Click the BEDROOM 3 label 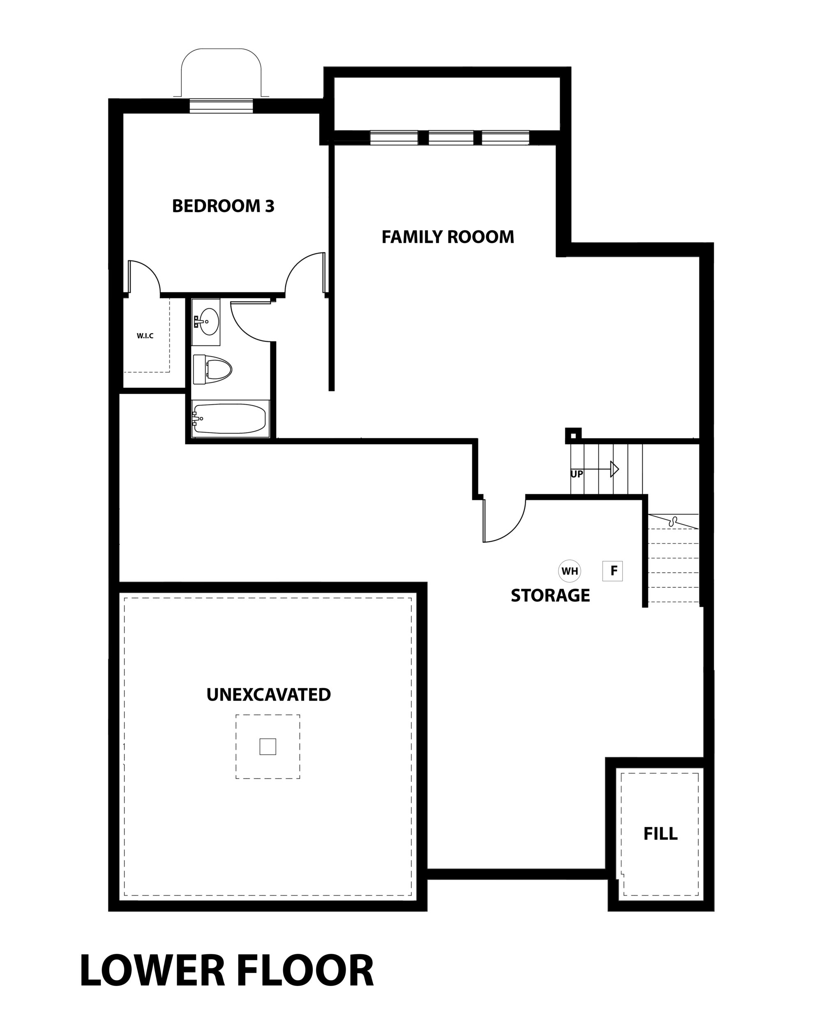tap(223, 206)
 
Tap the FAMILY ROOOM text tap(448, 237)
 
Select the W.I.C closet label tap(145, 336)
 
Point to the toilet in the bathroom tap(212, 369)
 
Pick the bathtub tap(229, 419)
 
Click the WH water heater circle tap(570, 571)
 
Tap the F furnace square tap(613, 571)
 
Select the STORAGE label tap(550, 596)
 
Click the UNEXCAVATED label tap(268, 695)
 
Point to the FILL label tap(660, 834)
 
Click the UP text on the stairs tap(577, 474)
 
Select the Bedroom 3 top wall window tap(221, 106)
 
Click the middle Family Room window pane tap(451, 138)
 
